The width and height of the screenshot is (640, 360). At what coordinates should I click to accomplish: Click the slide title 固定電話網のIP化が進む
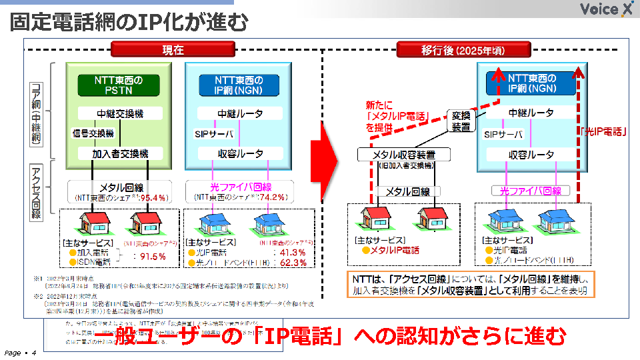(x=129, y=23)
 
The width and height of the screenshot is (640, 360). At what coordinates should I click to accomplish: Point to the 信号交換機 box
(x=93, y=133)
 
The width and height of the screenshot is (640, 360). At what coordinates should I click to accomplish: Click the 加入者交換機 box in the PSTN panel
(x=119, y=154)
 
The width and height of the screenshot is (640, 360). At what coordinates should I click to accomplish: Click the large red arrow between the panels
(x=335, y=152)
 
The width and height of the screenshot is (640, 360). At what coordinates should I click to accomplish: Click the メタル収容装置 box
(x=405, y=155)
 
